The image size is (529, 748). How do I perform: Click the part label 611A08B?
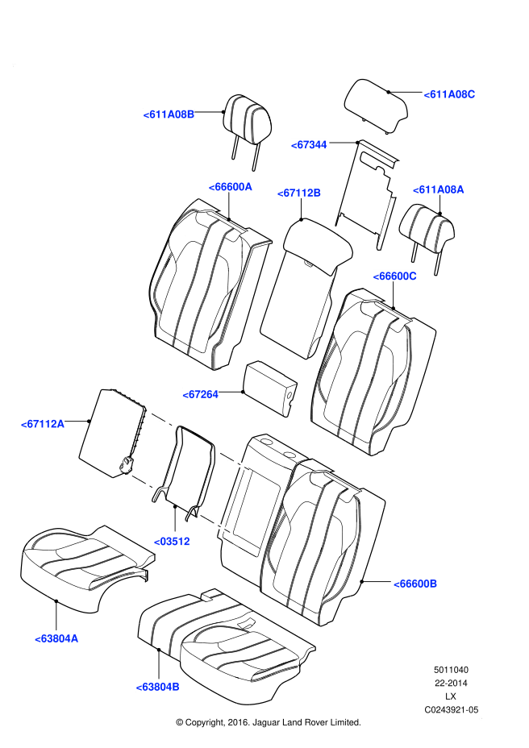click(169, 114)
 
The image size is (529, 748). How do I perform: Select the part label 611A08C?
click(449, 94)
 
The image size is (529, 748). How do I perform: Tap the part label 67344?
click(309, 145)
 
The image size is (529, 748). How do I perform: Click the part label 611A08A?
click(439, 189)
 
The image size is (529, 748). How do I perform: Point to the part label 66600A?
click(231, 186)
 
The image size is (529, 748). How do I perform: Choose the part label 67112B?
click(299, 193)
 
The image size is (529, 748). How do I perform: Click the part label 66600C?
click(394, 276)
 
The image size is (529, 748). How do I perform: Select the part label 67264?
click(200, 394)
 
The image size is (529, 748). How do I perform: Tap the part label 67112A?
click(43, 423)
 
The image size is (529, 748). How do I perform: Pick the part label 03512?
click(172, 542)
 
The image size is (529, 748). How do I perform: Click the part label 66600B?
click(414, 583)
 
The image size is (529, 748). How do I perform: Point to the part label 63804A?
click(56, 638)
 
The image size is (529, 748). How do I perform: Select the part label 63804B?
click(157, 687)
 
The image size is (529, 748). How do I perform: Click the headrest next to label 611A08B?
click(248, 118)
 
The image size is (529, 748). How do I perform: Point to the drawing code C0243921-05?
click(452, 710)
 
